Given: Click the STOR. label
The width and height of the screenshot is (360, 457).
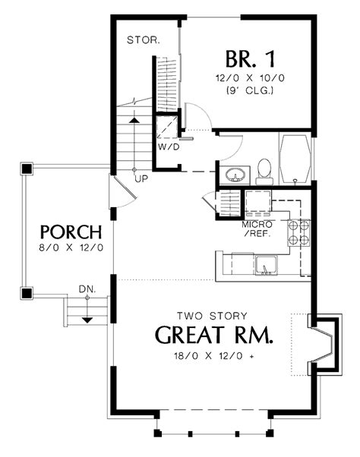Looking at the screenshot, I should pos(143,39).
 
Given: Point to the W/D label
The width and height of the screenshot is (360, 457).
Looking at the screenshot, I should pos(169,147).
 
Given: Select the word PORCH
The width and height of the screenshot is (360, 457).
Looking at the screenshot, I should pos(68,231).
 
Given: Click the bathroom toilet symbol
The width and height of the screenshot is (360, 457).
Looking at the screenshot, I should pos(264,171).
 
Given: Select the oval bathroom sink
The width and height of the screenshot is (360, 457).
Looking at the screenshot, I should pos(236,175).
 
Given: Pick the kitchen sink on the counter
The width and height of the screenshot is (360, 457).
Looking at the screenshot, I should pos(266,266).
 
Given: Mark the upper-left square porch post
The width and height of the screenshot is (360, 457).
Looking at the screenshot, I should pos(27,168).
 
